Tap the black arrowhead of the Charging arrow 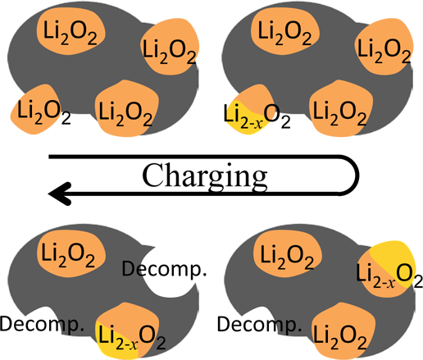tap(60, 194)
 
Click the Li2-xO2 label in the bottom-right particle tap(389, 276)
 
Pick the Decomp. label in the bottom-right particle tap(259, 326)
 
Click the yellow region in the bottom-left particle tap(117, 342)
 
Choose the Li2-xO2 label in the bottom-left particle tap(132, 338)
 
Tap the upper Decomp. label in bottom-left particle tap(164, 270)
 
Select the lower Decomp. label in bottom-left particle tap(42, 325)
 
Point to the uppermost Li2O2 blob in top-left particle tap(71, 31)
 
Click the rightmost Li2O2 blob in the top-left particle tap(170, 47)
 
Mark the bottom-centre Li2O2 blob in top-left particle tap(126, 109)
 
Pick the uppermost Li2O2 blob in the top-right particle tap(284, 31)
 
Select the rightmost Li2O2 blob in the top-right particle tap(384, 47)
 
